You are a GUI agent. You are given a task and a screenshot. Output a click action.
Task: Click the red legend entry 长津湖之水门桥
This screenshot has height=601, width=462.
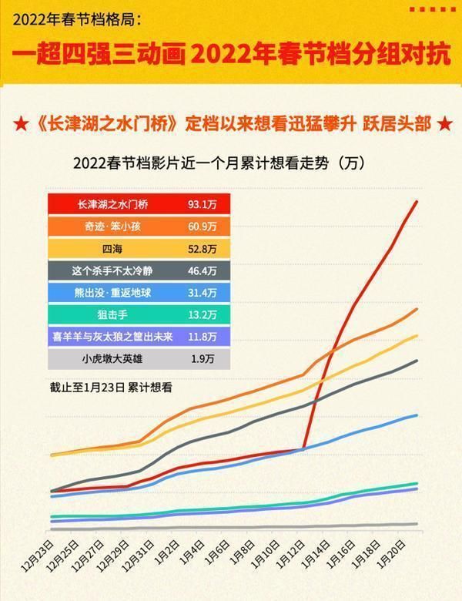pos(115,205)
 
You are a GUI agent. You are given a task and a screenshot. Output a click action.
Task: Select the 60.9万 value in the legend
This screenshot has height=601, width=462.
pos(203,227)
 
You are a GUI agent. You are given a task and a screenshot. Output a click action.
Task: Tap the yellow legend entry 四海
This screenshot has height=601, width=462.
pos(115,249)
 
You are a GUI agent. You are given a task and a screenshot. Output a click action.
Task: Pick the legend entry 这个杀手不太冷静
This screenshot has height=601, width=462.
pos(115,270)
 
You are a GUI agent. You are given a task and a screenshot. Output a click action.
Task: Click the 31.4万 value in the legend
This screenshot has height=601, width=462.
pos(203,293)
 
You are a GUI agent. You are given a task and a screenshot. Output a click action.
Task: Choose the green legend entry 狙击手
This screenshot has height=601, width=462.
pos(115,314)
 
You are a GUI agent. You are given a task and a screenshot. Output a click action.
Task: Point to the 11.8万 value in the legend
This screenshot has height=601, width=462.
pos(203,337)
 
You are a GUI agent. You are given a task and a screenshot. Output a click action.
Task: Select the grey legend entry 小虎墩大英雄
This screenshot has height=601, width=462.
pos(115,358)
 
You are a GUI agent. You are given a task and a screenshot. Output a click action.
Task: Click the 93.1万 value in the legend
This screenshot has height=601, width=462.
pos(203,205)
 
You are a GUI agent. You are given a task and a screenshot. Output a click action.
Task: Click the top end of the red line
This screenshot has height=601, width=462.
pos(417,202)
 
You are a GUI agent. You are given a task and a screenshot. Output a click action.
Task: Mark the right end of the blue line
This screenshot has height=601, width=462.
pos(417,415)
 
